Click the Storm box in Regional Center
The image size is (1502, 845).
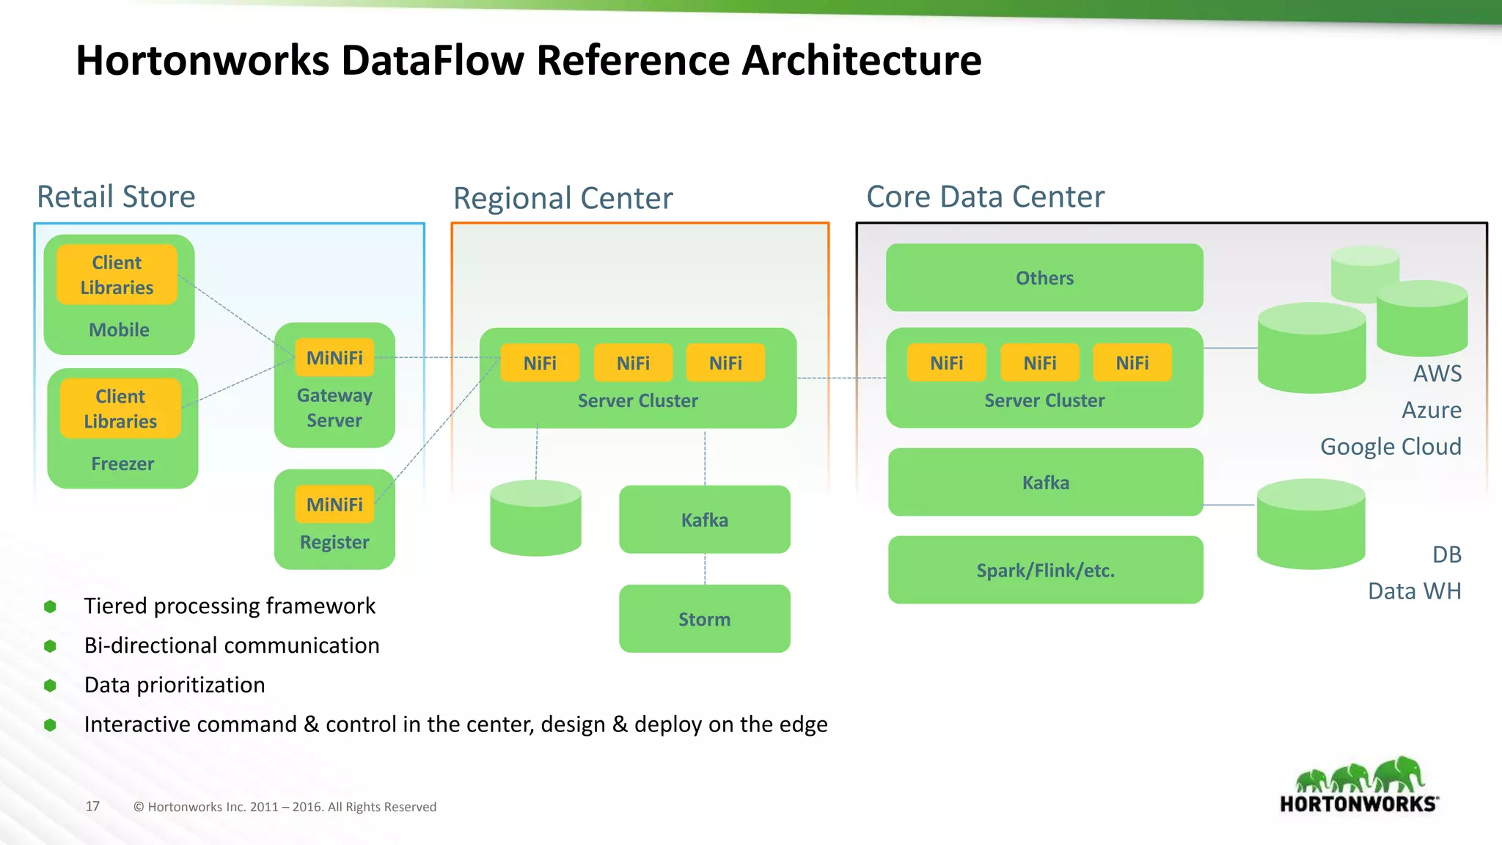tap(704, 618)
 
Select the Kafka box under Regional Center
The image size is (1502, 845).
tap(704, 519)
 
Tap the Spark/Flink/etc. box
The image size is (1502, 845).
tap(1045, 570)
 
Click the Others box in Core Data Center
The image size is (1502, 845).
tap(1044, 277)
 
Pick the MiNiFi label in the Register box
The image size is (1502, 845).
tap(334, 505)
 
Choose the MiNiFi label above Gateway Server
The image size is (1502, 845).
tap(334, 358)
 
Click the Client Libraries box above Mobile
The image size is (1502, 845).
tap(117, 274)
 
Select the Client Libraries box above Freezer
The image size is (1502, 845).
tap(120, 409)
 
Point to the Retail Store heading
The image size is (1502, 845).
tap(116, 197)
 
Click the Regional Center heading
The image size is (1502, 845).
tap(563, 198)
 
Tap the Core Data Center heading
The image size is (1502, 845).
tap(985, 197)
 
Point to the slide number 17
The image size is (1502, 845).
tap(92, 806)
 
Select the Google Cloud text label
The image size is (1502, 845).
tap(1391, 446)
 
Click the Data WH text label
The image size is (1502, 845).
tap(1414, 590)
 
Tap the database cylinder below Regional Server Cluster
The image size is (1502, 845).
tap(535, 518)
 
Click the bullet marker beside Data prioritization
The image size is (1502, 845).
tap(50, 685)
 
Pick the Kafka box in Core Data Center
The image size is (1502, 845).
tap(1045, 482)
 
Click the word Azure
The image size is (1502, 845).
tap(1431, 410)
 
